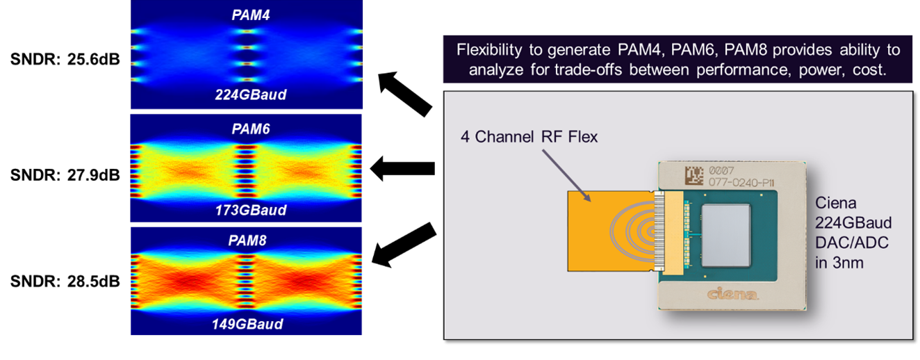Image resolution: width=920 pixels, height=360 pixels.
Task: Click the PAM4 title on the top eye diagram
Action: [251, 15]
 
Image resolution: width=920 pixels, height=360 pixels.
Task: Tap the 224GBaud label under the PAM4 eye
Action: [251, 95]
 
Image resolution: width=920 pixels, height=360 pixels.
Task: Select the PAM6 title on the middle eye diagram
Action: [251, 129]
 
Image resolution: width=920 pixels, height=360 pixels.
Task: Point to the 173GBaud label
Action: [251, 211]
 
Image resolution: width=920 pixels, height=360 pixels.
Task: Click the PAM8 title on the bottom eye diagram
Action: [247, 240]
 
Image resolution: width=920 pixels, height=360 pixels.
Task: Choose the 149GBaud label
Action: [247, 325]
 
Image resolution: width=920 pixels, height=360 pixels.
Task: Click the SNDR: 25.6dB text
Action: [65, 60]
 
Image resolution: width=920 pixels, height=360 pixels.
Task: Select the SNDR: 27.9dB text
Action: [65, 175]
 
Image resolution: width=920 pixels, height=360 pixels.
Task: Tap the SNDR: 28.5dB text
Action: [65, 282]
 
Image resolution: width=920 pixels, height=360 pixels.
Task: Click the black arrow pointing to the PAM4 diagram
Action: [405, 94]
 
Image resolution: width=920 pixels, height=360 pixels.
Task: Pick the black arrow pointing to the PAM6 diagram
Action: [402, 168]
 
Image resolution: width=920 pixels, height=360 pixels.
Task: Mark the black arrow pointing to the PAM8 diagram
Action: [404, 245]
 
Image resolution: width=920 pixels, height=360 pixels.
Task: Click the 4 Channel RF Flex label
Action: [529, 137]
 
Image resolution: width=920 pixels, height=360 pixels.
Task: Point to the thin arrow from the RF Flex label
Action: [566, 175]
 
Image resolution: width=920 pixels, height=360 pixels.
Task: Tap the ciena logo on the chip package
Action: [732, 293]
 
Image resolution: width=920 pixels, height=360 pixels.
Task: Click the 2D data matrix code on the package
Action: [693, 175]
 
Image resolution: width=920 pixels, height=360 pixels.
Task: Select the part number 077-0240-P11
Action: [741, 183]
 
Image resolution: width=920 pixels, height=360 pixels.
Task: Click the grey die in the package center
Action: [725, 236]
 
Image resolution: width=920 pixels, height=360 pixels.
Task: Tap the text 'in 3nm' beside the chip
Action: [839, 263]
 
